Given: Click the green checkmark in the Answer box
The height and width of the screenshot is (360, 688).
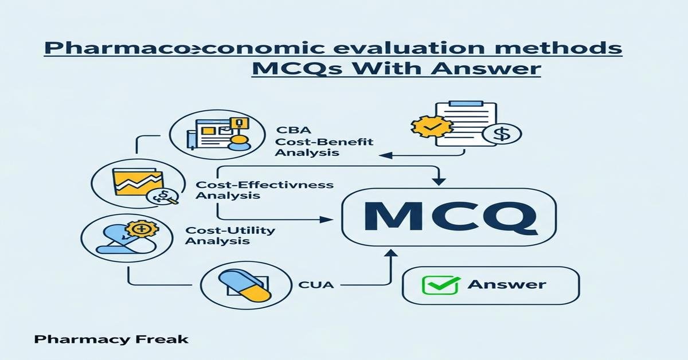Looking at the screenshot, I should (433, 284).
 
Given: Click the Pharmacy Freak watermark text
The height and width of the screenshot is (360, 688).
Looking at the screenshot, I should (111, 339).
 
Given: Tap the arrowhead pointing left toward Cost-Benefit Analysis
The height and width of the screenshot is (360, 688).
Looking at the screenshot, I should (385, 155).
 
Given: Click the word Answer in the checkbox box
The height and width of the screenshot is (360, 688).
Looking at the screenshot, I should (507, 284).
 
